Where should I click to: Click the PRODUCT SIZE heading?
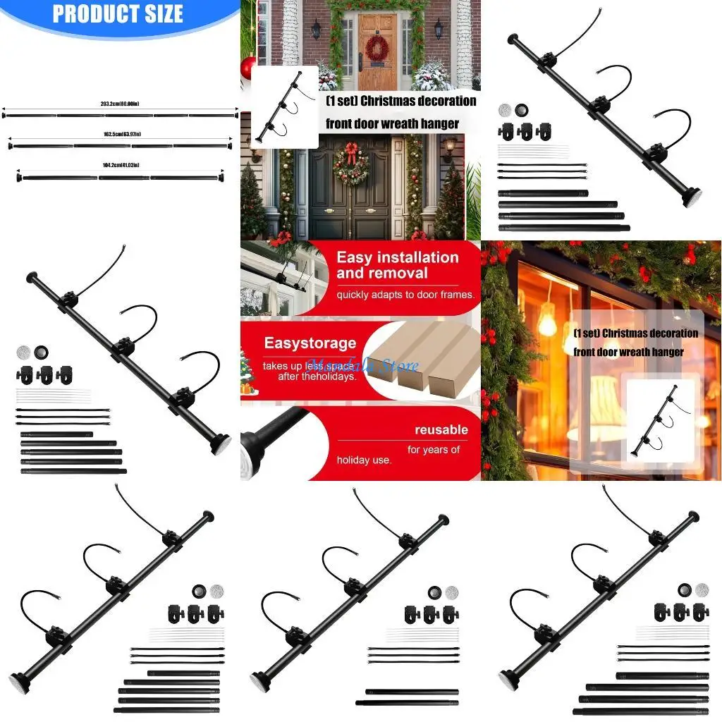(x=118, y=14)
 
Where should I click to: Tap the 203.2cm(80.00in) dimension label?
(x=120, y=104)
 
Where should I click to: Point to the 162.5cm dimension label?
(x=121, y=134)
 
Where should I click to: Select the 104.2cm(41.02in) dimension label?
(x=121, y=165)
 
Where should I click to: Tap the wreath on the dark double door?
(x=350, y=164)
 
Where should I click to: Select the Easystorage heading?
(x=310, y=343)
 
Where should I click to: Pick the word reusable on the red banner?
(x=441, y=429)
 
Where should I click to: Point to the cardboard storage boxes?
(x=430, y=367)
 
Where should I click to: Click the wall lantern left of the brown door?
(x=317, y=30)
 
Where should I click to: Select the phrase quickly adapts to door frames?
(x=405, y=295)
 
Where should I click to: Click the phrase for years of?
(x=433, y=449)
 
